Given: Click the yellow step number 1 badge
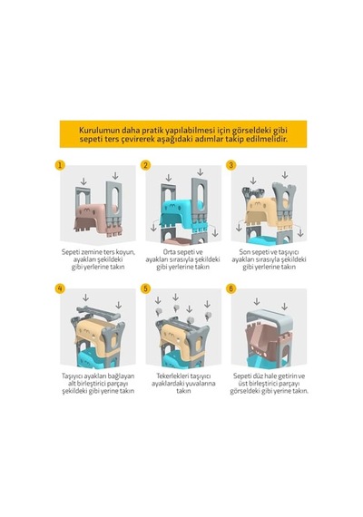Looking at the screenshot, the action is [x=60, y=165].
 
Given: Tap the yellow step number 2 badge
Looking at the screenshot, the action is [x=145, y=165].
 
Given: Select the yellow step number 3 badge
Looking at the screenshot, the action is [x=231, y=165].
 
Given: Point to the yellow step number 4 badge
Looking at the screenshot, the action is [x=60, y=288].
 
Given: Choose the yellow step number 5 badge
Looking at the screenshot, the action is [x=145, y=288].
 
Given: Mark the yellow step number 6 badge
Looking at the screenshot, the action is [x=231, y=288].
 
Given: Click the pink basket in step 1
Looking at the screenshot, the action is [x=95, y=217].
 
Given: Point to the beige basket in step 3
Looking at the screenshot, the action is [x=267, y=211].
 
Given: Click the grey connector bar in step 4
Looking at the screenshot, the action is [x=98, y=313].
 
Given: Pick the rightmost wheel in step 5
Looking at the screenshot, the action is [x=208, y=316].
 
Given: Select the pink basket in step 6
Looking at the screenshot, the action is [x=264, y=339].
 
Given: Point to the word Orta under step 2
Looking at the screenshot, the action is [x=170, y=252].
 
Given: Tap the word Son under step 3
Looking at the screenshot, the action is [x=245, y=252].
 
